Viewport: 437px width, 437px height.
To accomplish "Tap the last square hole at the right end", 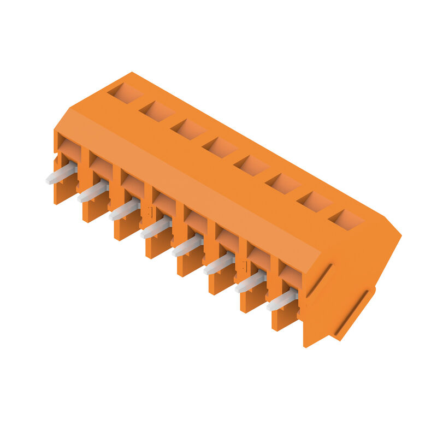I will [346, 220].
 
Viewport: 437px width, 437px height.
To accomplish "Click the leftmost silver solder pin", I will [61, 174].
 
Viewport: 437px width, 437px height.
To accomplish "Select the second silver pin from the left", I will [92, 192].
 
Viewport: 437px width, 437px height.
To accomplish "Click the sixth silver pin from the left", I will [218, 264].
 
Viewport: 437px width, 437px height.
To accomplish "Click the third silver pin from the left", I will [124, 210].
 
